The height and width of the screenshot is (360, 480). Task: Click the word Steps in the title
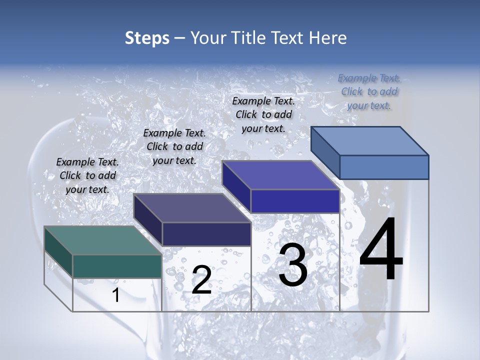[147, 38]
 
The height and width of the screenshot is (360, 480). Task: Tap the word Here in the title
[328, 38]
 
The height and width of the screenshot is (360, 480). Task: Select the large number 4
[381, 249]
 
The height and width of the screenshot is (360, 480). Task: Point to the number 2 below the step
[201, 280]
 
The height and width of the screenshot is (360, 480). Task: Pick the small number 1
[116, 295]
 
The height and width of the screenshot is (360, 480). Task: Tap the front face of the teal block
[117, 266]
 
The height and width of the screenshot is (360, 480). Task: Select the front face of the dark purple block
[206, 234]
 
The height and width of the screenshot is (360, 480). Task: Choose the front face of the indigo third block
[295, 201]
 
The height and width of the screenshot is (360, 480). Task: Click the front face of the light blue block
[384, 167]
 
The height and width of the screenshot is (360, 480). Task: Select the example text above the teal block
[87, 176]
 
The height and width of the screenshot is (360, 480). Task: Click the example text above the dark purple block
[174, 147]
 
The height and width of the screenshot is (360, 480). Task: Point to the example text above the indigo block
[263, 114]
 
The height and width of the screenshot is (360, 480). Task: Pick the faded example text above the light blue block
[369, 91]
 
